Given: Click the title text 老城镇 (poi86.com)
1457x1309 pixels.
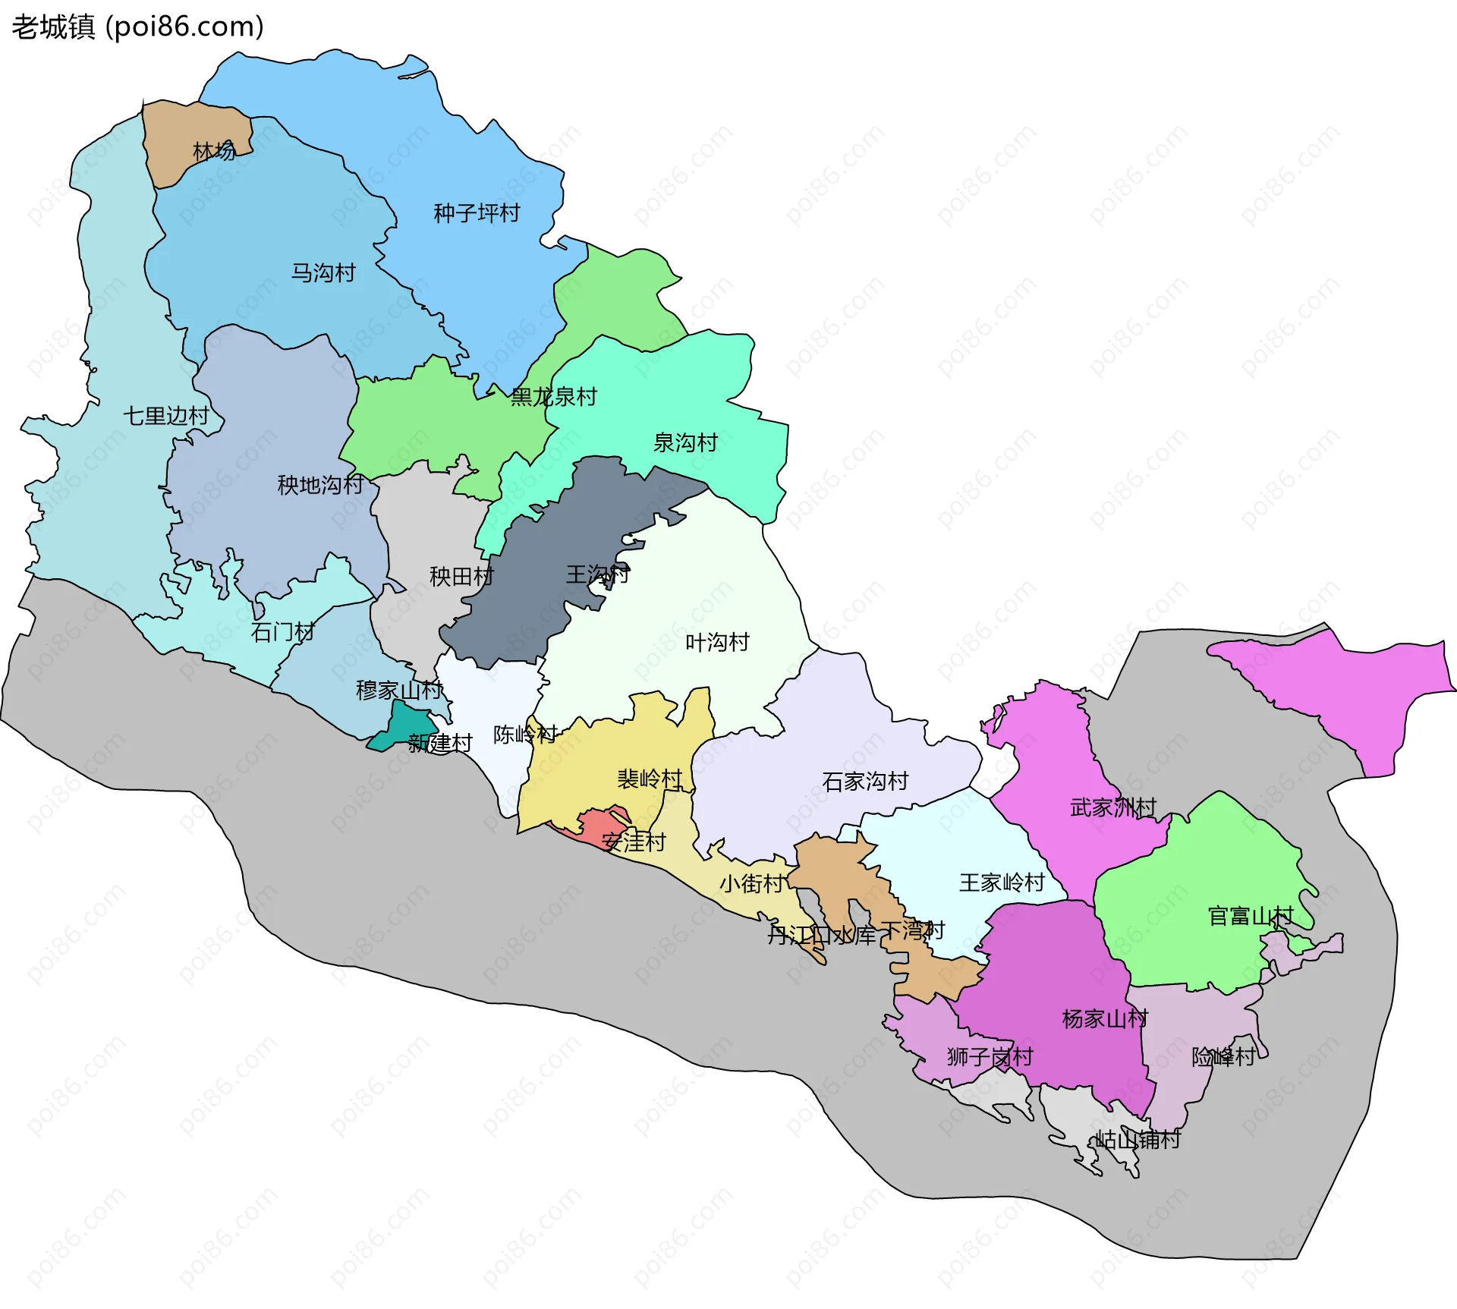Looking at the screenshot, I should pyautogui.click(x=137, y=27).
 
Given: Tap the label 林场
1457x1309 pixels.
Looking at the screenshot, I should pyautogui.click(x=214, y=151).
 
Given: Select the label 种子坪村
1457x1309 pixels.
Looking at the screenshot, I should pyautogui.click(x=477, y=213).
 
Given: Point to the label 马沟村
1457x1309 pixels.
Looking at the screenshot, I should pyautogui.click(x=323, y=272).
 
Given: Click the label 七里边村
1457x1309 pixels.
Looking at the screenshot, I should pyautogui.click(x=166, y=416).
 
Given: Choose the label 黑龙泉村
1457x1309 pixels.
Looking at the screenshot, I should pyautogui.click(x=554, y=397).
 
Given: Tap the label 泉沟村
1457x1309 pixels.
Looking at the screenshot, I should pyautogui.click(x=685, y=442).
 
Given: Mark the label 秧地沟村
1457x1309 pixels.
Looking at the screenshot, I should pyautogui.click(x=320, y=485).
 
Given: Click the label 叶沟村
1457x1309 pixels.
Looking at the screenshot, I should pyautogui.click(x=717, y=643).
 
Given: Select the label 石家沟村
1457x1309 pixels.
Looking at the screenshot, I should pyautogui.click(x=865, y=782).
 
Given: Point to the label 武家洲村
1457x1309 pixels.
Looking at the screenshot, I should pyautogui.click(x=1113, y=807).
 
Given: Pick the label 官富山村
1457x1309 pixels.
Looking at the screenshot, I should pyautogui.click(x=1251, y=916).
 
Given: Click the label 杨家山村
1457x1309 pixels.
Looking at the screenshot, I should pyautogui.click(x=1105, y=1018).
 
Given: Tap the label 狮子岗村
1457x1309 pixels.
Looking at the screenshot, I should pyautogui.click(x=990, y=1056).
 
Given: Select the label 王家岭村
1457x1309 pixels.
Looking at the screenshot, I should pyautogui.click(x=1002, y=883).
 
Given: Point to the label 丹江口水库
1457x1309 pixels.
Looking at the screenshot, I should pyautogui.click(x=821, y=935).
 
